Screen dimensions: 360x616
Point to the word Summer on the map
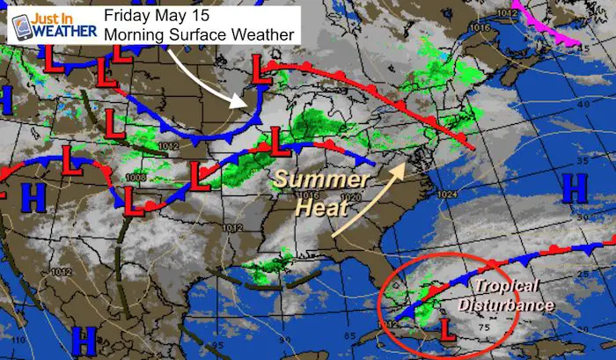click(x=308, y=179)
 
